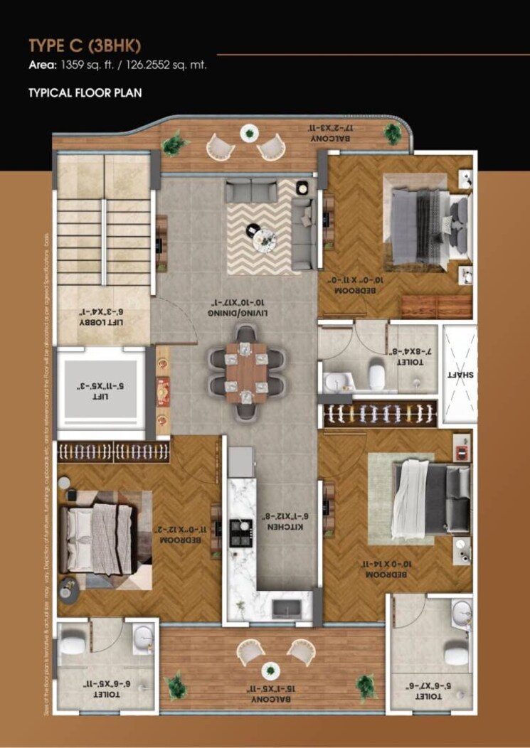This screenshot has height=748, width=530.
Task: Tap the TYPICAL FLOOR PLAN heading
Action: point(85,93)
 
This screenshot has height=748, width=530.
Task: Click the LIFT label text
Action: point(100,388)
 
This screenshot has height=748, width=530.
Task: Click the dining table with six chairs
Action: point(245,373)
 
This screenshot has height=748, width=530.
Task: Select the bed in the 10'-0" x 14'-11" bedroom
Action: point(430,498)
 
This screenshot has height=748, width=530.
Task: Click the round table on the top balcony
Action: point(249,133)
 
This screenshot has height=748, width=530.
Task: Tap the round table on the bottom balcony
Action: point(270,670)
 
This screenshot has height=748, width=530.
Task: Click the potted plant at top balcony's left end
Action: point(174,144)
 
